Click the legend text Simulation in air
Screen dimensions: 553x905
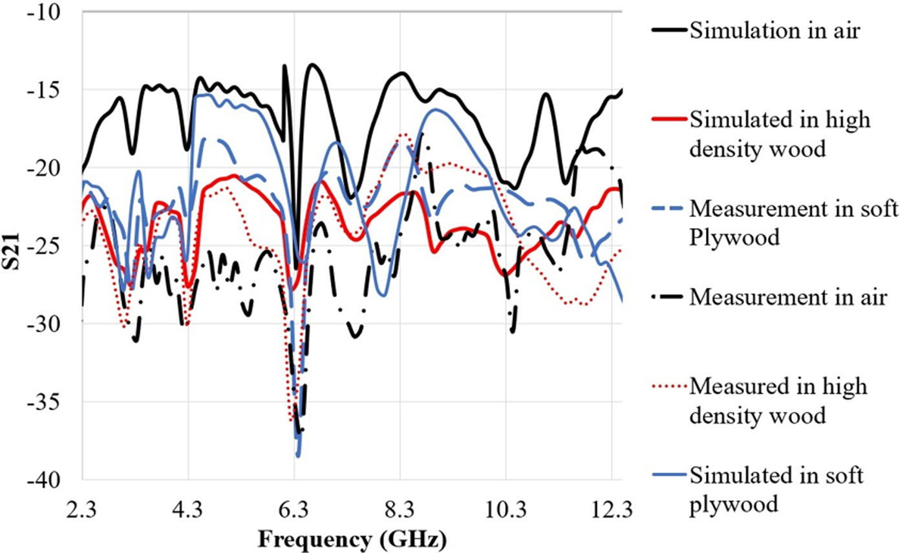click(x=775, y=30)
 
